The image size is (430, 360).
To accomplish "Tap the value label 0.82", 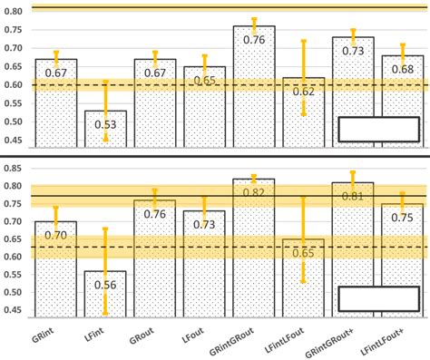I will coord(253,192).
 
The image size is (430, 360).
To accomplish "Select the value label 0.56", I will coord(106,284).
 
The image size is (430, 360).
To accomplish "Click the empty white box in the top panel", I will coord(378,129).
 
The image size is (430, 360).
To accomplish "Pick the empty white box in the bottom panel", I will coord(378,298).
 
